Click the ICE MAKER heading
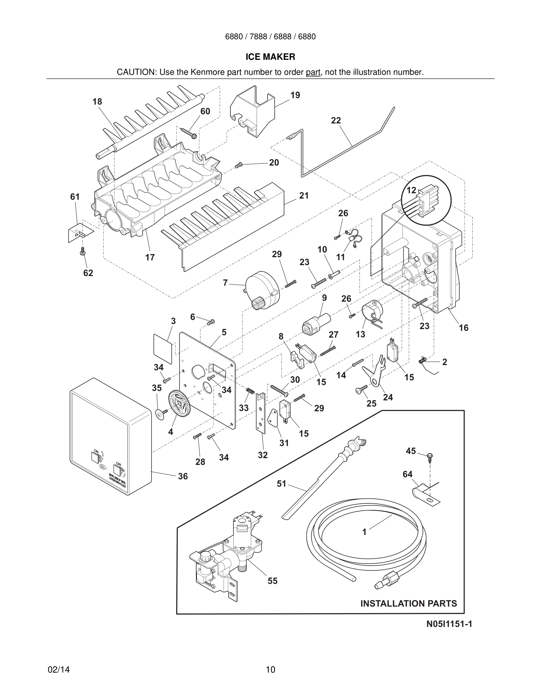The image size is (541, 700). click(x=270, y=57)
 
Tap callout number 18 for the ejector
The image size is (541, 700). click(x=97, y=102)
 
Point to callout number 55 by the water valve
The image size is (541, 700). click(x=273, y=581)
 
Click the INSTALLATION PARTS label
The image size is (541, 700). click(x=409, y=604)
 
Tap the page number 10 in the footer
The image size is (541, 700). click(x=270, y=670)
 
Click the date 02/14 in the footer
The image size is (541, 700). click(x=59, y=670)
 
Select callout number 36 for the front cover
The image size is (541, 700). click(x=183, y=476)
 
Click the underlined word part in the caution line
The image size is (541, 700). click(x=313, y=72)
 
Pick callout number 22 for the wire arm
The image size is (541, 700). click(x=336, y=120)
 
